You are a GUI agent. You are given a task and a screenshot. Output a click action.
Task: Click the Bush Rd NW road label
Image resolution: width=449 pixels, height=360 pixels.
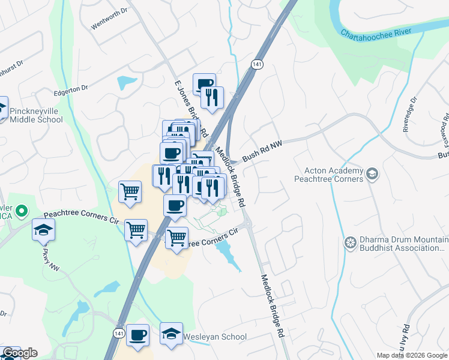(262, 153)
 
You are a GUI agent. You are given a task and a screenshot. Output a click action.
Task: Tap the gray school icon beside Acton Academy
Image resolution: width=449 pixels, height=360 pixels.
(372, 175)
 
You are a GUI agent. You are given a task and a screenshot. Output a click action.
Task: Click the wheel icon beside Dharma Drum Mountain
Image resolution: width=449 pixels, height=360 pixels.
(351, 244)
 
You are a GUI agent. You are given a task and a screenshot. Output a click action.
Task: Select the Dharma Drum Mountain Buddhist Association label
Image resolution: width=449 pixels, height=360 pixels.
(402, 244)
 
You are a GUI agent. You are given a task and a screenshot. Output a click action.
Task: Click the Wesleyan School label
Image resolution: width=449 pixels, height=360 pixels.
(214, 337)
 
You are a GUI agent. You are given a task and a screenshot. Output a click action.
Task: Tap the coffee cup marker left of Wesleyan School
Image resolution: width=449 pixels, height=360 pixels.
(137, 335)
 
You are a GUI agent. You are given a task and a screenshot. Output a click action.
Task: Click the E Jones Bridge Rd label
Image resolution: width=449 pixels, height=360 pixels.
(190, 108)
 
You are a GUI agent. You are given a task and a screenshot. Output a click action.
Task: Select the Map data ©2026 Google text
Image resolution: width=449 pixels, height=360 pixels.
(412, 355)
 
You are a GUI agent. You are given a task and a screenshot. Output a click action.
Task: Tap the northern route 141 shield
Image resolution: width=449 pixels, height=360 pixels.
(256, 64)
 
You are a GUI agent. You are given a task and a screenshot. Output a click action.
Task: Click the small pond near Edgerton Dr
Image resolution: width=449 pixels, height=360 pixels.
(127, 83)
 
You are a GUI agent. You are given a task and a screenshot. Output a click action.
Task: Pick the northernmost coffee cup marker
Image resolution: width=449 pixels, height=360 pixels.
(204, 84)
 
